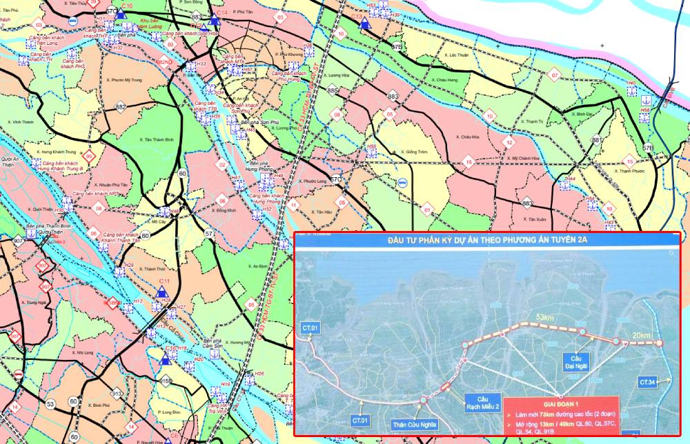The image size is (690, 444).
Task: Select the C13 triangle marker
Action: tap(366, 24)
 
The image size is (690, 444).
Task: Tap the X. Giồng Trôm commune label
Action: tap(413, 151)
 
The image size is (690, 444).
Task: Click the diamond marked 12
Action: tap(509, 143)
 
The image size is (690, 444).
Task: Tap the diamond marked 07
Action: tap(553, 74)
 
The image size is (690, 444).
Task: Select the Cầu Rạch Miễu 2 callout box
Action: tap(482, 403)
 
